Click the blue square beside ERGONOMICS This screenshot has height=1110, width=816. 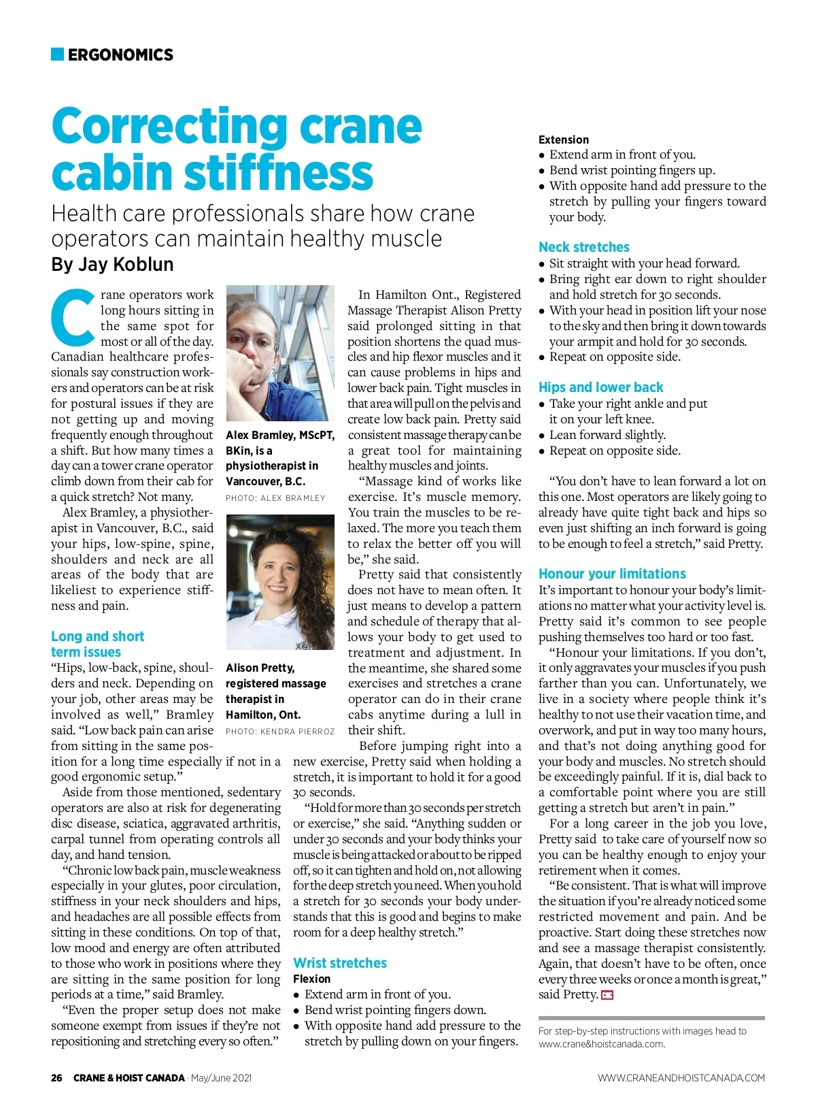click(57, 54)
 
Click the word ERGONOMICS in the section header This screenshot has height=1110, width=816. click(120, 55)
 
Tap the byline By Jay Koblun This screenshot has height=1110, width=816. click(112, 264)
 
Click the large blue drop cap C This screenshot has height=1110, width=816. click(73, 318)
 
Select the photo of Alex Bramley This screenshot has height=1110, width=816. click(280, 353)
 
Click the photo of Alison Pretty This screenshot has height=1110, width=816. click(280, 582)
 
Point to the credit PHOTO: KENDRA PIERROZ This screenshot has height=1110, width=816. click(280, 732)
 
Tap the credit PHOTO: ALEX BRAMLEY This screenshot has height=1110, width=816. click(275, 498)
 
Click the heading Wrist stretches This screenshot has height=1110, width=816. click(340, 963)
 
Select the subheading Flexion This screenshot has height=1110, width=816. click(311, 979)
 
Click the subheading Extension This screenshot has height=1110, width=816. click(564, 140)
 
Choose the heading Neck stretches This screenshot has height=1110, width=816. click(584, 247)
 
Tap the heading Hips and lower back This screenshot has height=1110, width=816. click(600, 387)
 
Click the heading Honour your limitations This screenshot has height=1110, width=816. click(612, 574)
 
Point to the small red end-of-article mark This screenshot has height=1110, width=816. click(607, 996)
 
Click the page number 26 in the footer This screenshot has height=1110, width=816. click(56, 1078)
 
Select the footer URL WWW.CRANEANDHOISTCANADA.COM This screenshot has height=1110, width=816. click(681, 1078)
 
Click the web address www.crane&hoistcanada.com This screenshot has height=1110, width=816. click(601, 1044)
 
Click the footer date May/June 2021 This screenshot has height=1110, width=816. click(221, 1078)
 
